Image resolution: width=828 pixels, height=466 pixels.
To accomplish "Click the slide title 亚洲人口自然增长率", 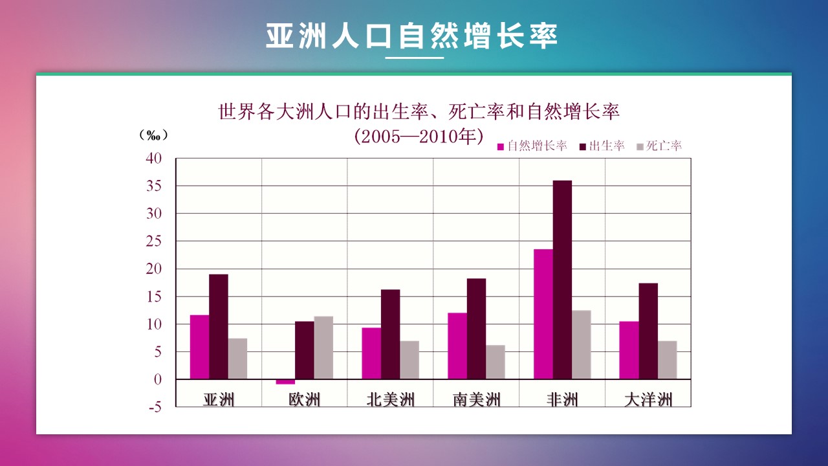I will pos(411,36).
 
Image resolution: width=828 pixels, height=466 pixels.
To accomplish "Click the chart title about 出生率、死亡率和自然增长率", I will pos(419,112).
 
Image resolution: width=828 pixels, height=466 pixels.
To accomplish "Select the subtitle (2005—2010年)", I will pos(419,137).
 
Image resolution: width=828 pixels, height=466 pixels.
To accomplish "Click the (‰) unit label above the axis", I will pos(153,135).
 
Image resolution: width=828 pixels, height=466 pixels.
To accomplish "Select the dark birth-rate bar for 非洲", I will pos(562,280).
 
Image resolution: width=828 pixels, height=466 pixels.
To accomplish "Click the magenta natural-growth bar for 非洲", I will pos(543,314).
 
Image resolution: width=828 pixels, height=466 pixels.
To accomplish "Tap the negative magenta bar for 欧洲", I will pos(285,382).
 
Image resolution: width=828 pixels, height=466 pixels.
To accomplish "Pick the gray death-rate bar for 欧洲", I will pos(323,348).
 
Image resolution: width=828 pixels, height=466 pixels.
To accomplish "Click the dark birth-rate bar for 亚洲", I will pos(219,327).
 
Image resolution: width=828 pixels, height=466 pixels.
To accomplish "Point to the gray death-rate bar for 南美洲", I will pos(496,362).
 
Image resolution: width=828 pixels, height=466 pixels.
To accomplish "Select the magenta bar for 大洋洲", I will pos(629,350).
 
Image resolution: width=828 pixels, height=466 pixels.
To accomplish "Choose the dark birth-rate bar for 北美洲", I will pos(390,334).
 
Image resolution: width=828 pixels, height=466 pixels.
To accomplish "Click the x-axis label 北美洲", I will pos(390,399).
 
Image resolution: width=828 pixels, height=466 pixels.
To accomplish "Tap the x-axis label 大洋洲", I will pos(648,399).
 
